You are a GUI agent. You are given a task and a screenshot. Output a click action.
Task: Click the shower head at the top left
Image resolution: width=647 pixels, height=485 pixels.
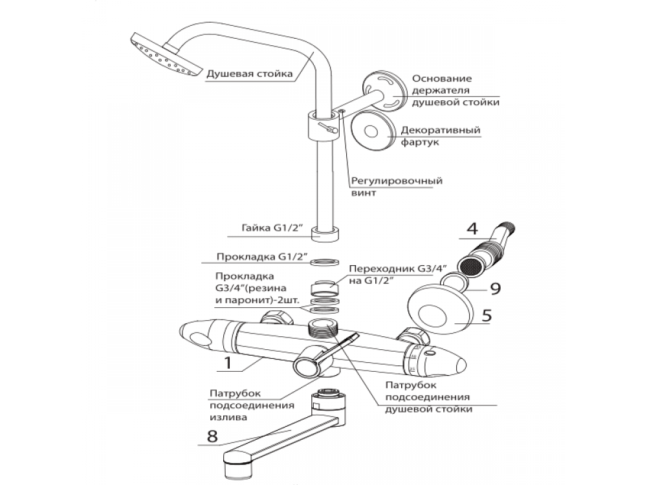point(164,54)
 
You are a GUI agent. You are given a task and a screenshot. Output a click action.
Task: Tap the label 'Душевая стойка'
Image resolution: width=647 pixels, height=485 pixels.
point(250,74)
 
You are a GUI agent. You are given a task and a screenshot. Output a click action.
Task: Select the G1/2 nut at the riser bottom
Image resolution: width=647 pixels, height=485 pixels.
point(325,233)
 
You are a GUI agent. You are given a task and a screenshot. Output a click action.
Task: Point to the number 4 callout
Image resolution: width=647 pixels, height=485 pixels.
point(472,228)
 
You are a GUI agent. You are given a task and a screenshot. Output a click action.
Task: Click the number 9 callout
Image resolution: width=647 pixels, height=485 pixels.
point(495,288)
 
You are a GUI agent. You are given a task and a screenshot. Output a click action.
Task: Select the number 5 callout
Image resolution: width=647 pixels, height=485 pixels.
point(487,316)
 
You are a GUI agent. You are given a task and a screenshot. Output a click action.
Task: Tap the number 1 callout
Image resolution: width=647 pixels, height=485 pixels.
point(228,363)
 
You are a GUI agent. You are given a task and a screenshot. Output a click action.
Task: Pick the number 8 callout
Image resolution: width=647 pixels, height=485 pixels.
point(212,436)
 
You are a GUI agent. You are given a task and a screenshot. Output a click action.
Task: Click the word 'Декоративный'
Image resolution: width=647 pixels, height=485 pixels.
point(441,131)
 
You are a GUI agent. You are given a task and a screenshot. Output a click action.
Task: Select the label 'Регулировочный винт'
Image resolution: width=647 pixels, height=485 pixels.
point(397,187)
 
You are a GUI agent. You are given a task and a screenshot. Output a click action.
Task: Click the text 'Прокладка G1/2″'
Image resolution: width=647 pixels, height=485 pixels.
point(262,257)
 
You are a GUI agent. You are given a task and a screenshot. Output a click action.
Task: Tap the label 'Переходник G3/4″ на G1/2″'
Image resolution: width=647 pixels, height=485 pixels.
point(398,275)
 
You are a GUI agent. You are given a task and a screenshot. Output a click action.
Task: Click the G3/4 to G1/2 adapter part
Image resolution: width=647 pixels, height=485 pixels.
point(324,288)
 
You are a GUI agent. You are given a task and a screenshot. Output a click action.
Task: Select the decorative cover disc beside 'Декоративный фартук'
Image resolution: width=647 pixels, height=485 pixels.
point(370,131)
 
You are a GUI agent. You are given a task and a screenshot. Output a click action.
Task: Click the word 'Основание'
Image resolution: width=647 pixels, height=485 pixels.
point(442,78)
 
